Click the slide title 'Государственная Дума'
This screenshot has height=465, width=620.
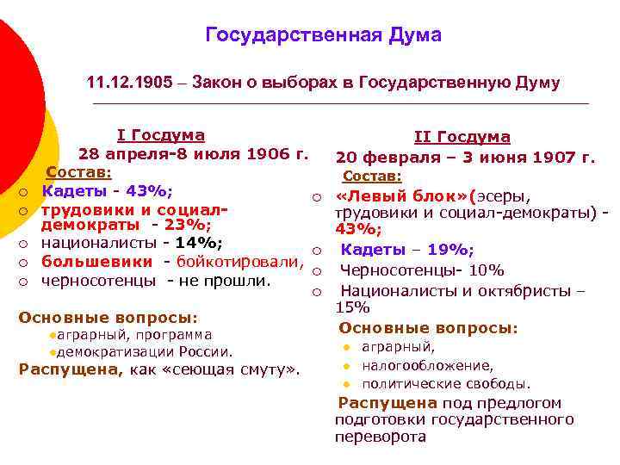point(323,35)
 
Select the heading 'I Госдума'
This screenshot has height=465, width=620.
point(161,135)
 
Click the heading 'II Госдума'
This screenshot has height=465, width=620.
point(462,138)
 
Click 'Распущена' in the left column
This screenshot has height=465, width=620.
point(70,370)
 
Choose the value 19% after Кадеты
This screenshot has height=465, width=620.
point(450,250)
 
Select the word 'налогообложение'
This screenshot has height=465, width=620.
point(427,365)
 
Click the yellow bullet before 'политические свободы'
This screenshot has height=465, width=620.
point(346,384)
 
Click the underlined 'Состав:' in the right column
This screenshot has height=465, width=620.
point(372,176)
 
